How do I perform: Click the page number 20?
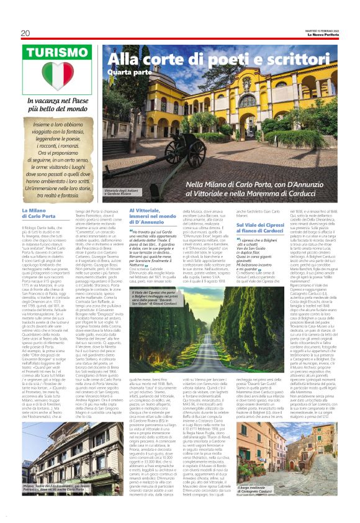25,33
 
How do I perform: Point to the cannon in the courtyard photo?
189,143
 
